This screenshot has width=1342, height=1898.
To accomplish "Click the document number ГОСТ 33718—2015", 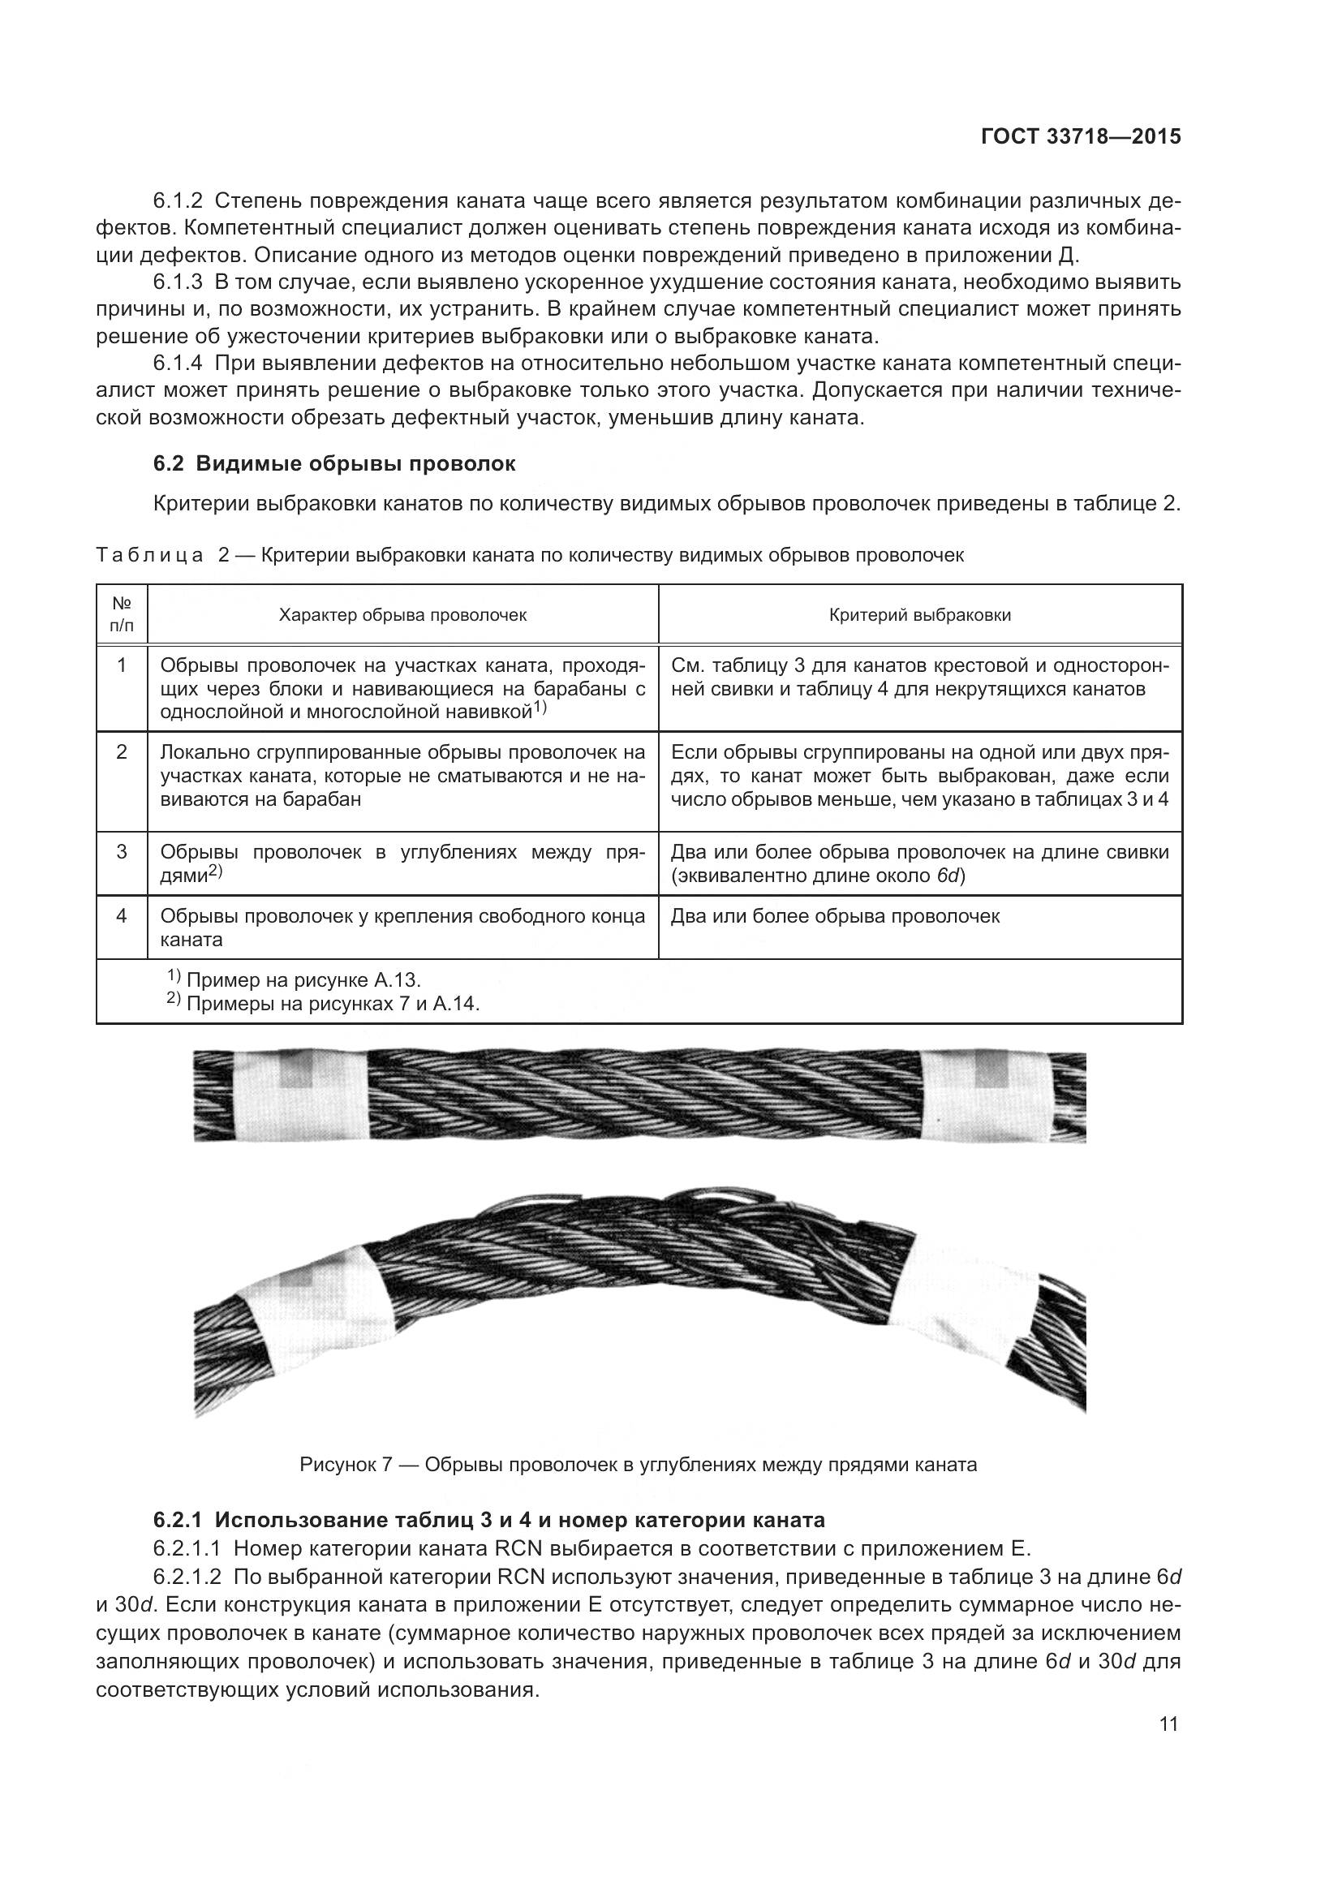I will pos(1080,137).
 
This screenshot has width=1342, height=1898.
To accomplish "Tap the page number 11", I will pos(1168,1733).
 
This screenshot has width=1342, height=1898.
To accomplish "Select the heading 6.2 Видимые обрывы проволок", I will pos(333,464).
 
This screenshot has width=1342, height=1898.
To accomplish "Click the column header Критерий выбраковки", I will pos(920,615).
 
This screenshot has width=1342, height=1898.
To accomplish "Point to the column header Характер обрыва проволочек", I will pos(402,615).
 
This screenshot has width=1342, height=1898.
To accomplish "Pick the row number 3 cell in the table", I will pos(122,851).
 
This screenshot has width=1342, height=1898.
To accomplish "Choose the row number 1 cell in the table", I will pos(122,665).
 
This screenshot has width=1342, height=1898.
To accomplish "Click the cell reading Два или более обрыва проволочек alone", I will pos(835,916).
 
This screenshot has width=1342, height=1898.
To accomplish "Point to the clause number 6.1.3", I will pos(178,282).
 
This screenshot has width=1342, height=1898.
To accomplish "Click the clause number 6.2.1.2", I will pos(187,1577).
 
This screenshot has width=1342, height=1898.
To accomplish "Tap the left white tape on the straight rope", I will pos(299,1096).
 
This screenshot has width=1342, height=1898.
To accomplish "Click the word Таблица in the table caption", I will pos(149,556).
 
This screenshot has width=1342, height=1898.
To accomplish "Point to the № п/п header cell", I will pos(122,615).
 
